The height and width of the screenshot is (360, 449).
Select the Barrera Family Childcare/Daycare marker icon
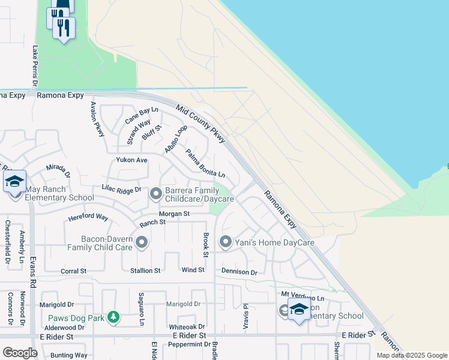[156, 193]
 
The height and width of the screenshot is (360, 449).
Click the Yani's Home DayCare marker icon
[226, 242]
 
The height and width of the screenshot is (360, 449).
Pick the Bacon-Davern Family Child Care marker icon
[142, 242]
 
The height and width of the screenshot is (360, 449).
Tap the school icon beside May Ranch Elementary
[14, 182]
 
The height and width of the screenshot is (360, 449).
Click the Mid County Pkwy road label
[200, 124]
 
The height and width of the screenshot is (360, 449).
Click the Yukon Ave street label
[131, 160]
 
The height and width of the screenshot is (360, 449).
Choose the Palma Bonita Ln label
[205, 164]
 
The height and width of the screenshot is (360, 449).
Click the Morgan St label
[174, 214]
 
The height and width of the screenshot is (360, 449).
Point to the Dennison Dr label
[239, 272]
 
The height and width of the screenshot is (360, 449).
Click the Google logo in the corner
[20, 352]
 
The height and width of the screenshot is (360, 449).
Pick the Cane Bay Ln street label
[141, 115]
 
